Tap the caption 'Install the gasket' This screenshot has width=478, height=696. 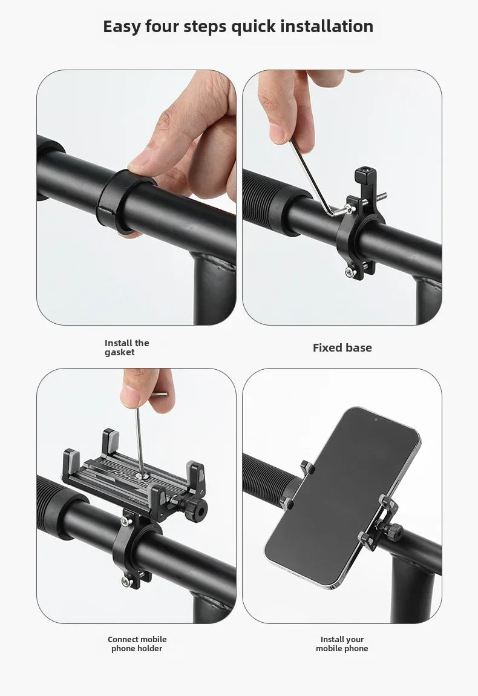pyautogui.click(x=127, y=347)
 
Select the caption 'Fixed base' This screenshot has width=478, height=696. pyautogui.click(x=342, y=347)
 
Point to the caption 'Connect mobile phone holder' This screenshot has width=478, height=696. pyautogui.click(x=137, y=643)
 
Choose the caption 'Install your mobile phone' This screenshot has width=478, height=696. pyautogui.click(x=342, y=643)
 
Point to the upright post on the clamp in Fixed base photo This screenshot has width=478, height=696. pyautogui.click(x=365, y=183)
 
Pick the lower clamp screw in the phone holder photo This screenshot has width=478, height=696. pyautogui.click(x=127, y=581)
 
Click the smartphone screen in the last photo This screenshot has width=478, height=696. pyautogui.click(x=342, y=496)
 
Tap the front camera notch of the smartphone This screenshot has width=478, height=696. pyautogui.click(x=376, y=419)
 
